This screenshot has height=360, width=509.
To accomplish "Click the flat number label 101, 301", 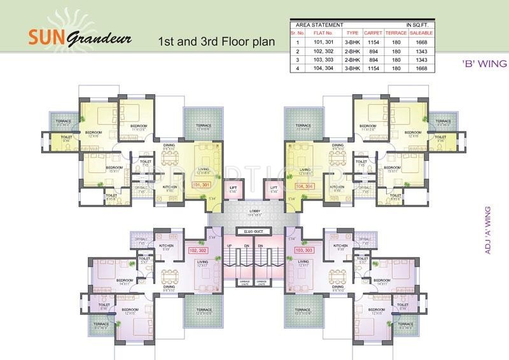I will tap(200, 186).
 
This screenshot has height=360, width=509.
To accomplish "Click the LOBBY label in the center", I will tap(254, 210).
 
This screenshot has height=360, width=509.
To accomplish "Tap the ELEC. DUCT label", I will tap(254, 232).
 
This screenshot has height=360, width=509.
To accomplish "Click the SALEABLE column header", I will tap(422, 32).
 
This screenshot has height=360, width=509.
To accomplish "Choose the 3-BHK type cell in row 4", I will tap(352, 68).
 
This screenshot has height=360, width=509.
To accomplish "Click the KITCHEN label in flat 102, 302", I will tap(166, 246).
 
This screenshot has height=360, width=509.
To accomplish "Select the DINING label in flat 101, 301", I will tap(169, 146).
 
